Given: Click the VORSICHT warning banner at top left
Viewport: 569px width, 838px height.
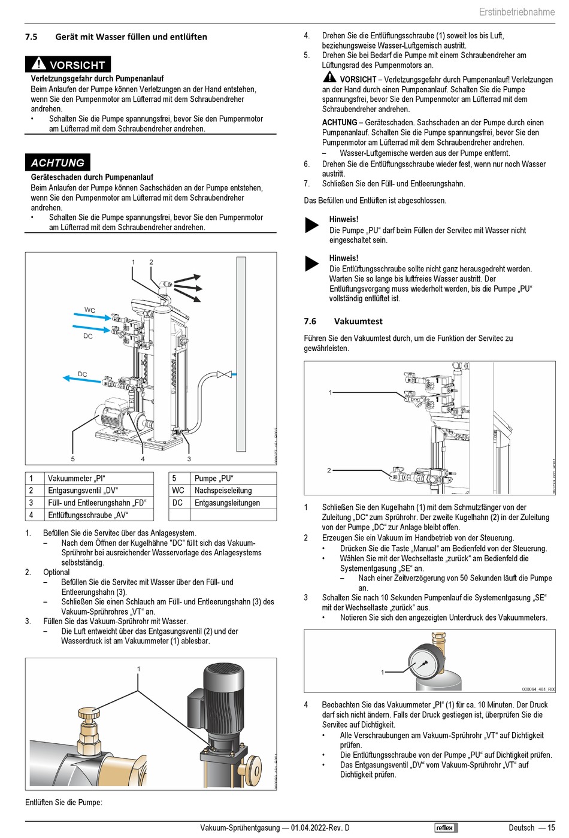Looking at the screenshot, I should click(68, 64).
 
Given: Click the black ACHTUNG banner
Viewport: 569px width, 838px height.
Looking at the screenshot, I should click(57, 162).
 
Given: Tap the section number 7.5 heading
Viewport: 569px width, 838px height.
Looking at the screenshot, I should click(31, 37).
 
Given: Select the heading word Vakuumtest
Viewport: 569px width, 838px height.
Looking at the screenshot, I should click(358, 321).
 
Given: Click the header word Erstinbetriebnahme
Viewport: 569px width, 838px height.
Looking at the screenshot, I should click(516, 12).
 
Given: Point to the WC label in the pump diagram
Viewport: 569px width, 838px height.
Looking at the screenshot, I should click(90, 310).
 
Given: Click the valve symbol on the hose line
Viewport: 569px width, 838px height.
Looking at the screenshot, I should click(224, 374).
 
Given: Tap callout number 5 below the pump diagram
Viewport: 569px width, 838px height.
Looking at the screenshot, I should click(73, 459).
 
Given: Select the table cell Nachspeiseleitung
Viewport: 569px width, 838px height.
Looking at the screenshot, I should click(223, 491).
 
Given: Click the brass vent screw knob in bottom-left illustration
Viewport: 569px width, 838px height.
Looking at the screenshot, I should click(89, 715).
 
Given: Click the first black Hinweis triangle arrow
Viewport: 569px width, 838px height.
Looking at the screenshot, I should click(312, 225).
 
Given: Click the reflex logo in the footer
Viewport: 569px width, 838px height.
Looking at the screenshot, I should click(446, 828).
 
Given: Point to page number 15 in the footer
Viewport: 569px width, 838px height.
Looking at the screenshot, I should click(550, 828).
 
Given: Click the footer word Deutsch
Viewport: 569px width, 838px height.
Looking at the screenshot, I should click(521, 828).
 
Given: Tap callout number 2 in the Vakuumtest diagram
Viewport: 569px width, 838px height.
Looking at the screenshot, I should click(329, 470).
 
